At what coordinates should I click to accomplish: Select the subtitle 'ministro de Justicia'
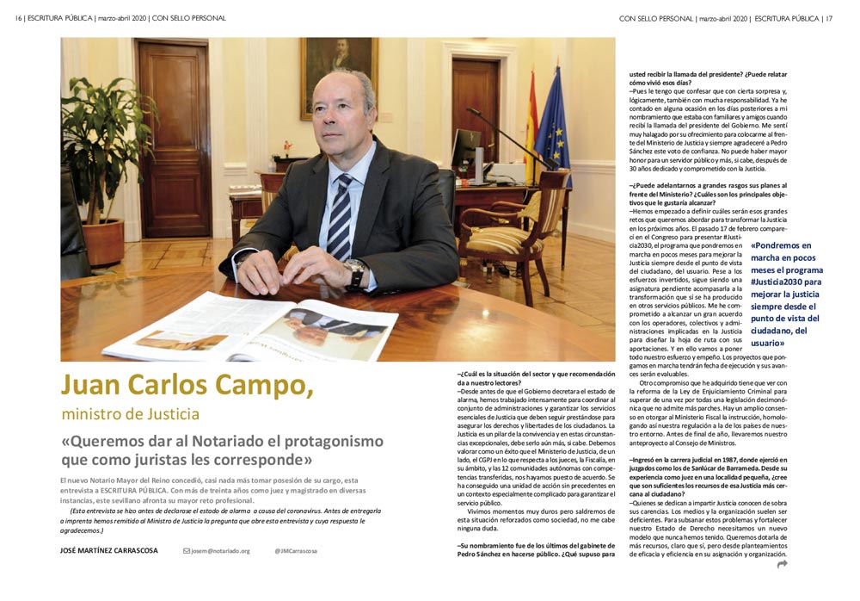click(x=130, y=414)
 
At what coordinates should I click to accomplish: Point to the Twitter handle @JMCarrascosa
click(x=296, y=550)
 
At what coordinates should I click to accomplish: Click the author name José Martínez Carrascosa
click(x=108, y=550)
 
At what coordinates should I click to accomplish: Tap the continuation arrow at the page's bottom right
click(x=782, y=565)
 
